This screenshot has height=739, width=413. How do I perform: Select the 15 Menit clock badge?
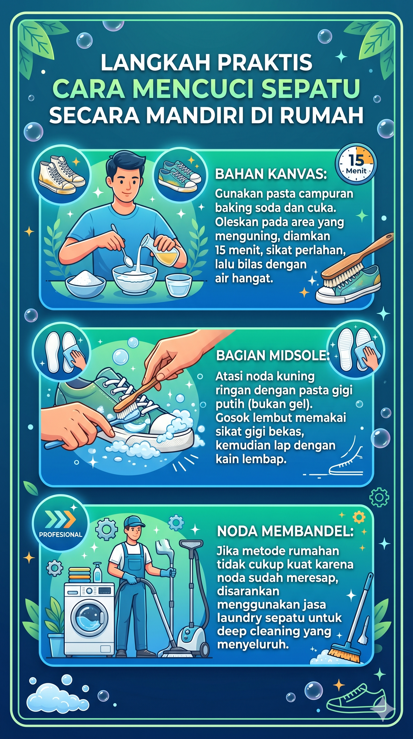click(356, 164)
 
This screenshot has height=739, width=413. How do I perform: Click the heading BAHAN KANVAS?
click(271, 174)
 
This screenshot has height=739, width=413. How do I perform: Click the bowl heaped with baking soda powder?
click(85, 282)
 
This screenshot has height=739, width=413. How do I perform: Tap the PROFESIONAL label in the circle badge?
click(60, 534)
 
